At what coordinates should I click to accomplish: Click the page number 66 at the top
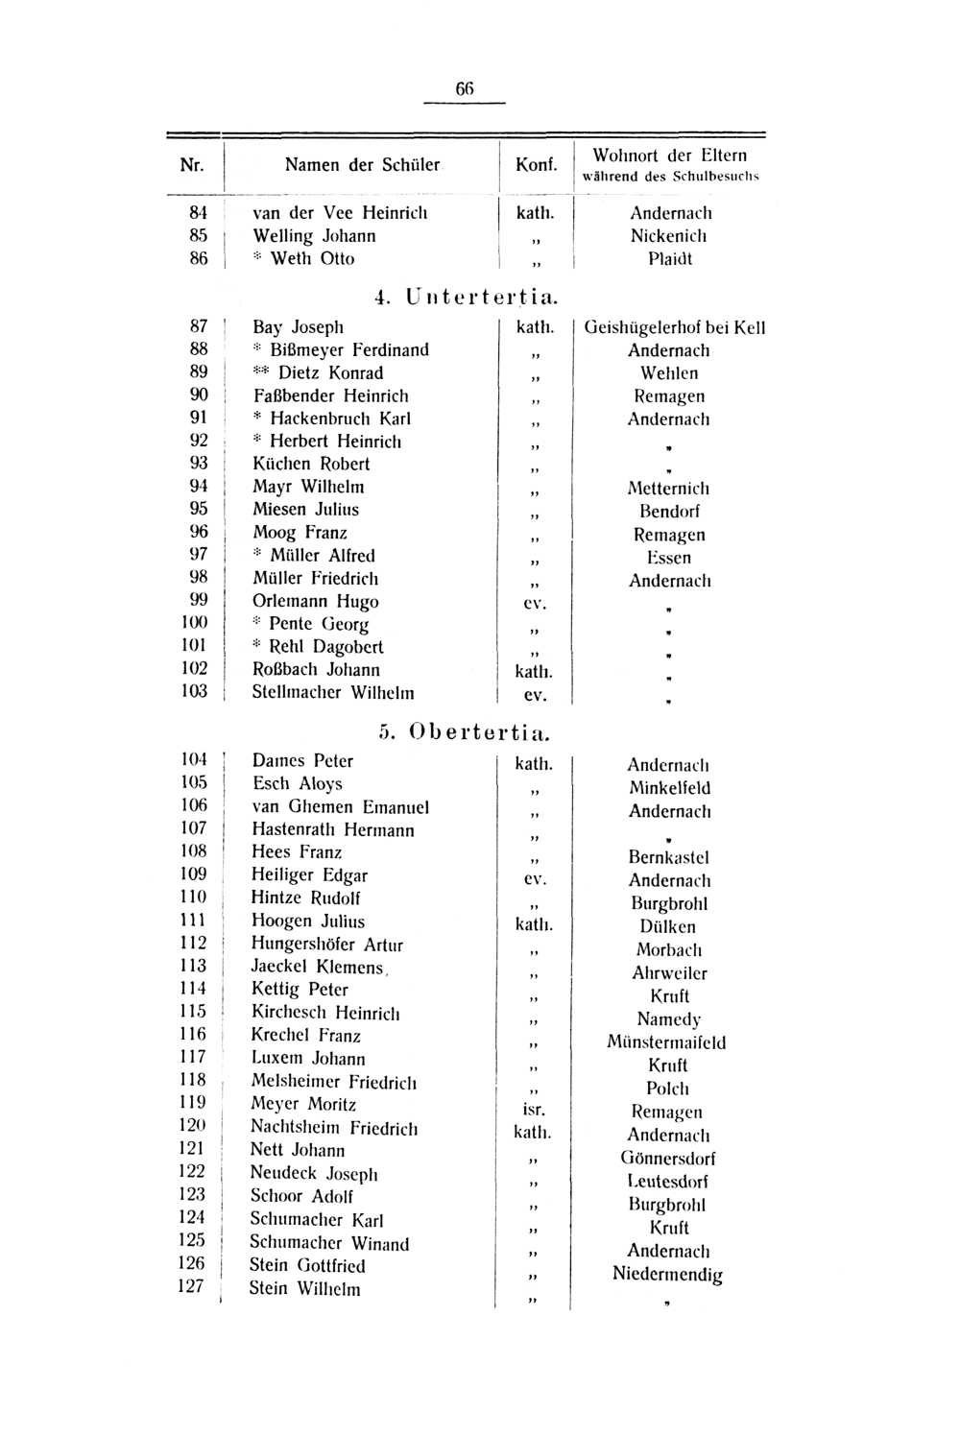pyautogui.click(x=465, y=88)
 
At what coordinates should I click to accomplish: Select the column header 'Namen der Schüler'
pyautogui.click(x=362, y=165)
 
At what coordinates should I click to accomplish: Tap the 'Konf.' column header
pyautogui.click(x=536, y=165)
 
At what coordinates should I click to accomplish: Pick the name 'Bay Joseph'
pyautogui.click(x=298, y=327)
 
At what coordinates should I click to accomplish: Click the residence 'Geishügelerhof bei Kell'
pyautogui.click(x=674, y=328)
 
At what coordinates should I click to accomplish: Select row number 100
pyautogui.click(x=194, y=623)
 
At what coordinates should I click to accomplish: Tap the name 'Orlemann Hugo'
pyautogui.click(x=315, y=602)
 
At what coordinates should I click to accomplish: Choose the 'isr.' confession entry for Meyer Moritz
pyautogui.click(x=534, y=1110)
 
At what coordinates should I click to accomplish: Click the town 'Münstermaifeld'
pyautogui.click(x=666, y=1042)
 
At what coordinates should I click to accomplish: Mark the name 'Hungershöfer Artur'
pyautogui.click(x=326, y=945)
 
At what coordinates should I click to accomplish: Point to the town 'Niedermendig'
pyautogui.click(x=667, y=1275)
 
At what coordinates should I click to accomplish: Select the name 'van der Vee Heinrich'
pyautogui.click(x=340, y=213)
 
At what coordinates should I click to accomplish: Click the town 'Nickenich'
pyautogui.click(x=668, y=236)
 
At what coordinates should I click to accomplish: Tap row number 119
pyautogui.click(x=192, y=1103)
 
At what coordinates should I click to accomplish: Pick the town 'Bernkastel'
pyautogui.click(x=668, y=857)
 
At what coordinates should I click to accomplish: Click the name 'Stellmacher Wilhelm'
pyautogui.click(x=332, y=693)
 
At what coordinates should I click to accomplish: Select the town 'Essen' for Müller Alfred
pyautogui.click(x=668, y=558)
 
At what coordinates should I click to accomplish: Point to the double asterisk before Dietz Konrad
pyautogui.click(x=263, y=372)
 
